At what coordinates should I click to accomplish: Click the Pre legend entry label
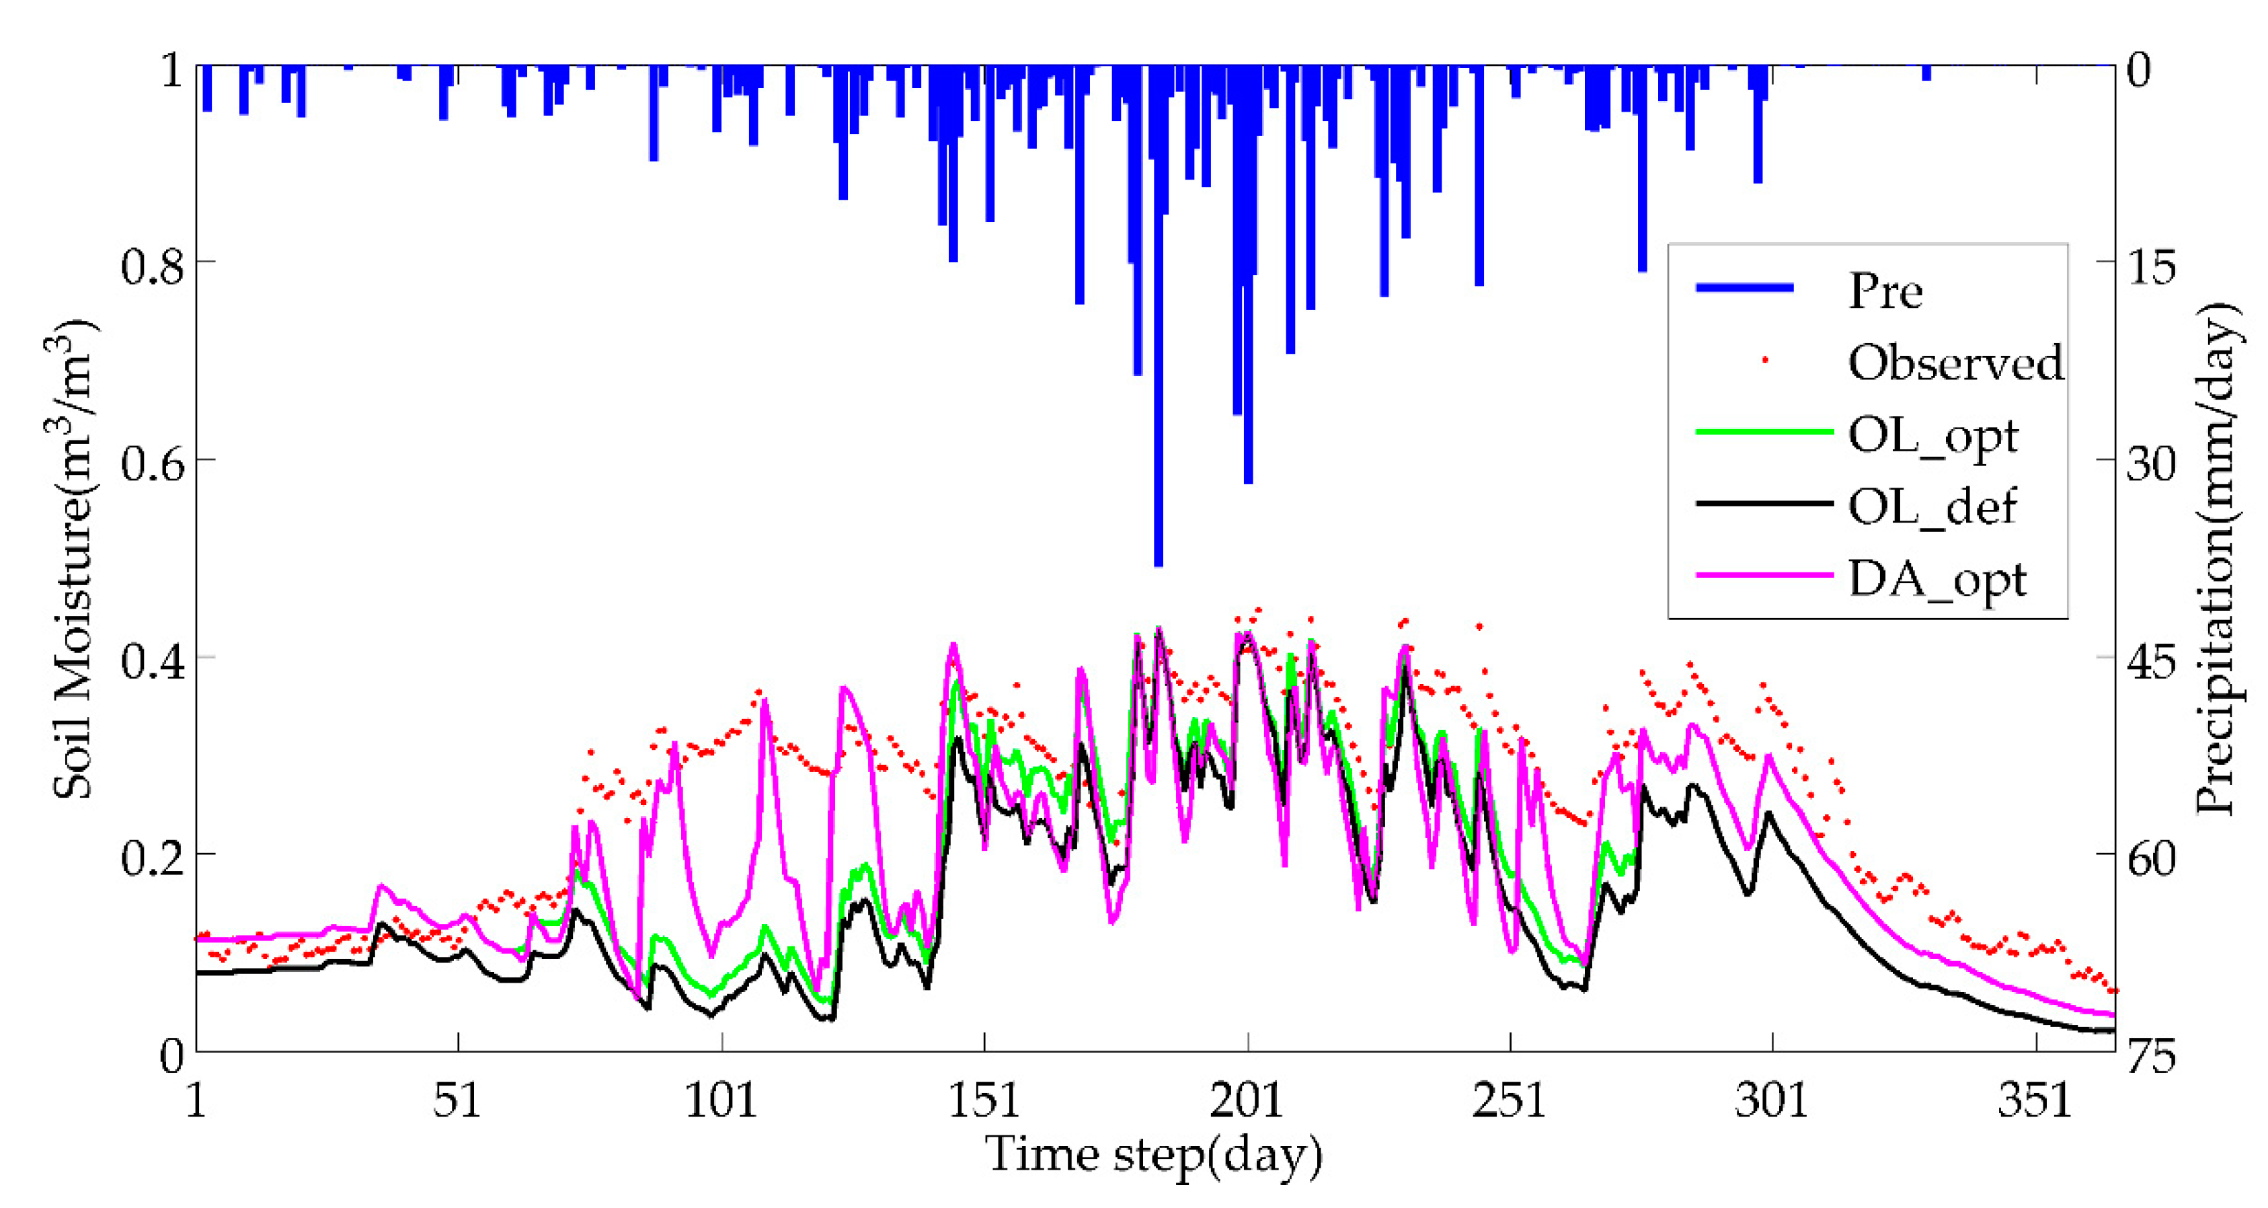point(1885,291)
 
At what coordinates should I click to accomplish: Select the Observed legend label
point(1955,363)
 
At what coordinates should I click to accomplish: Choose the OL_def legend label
point(1932,507)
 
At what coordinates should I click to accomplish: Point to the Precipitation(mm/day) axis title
point(2217,560)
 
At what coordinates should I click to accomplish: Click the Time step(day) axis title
point(1153,1155)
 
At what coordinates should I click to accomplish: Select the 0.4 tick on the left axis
point(153,659)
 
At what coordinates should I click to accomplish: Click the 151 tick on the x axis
point(984,1100)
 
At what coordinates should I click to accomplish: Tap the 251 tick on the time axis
point(1509,1100)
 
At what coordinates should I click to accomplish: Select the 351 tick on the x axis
point(2035,1100)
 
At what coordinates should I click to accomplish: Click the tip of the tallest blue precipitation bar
point(1158,564)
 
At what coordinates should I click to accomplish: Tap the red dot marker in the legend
point(1764,360)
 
